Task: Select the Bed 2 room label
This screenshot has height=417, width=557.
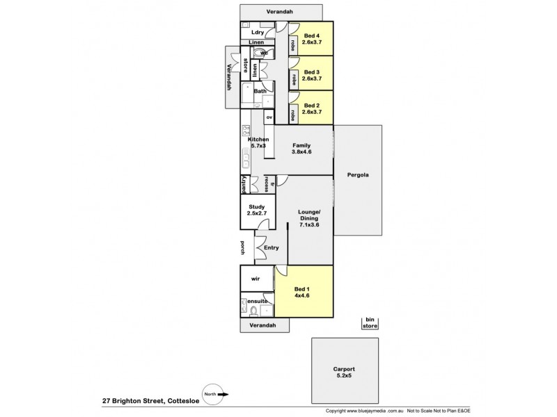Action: pos(311,108)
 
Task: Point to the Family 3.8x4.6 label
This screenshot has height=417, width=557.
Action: pos(301,149)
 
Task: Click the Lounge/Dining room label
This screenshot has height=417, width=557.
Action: pos(308,218)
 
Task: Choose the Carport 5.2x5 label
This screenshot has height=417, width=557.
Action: pos(345,374)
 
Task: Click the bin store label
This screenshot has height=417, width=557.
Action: pos(369,323)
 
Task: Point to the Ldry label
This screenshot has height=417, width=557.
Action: pos(257,32)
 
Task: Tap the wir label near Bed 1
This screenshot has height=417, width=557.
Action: pos(256,279)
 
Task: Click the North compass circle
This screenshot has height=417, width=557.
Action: pos(212,395)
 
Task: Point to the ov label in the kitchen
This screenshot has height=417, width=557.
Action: pos(269,117)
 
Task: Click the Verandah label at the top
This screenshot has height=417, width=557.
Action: pos(281,13)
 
